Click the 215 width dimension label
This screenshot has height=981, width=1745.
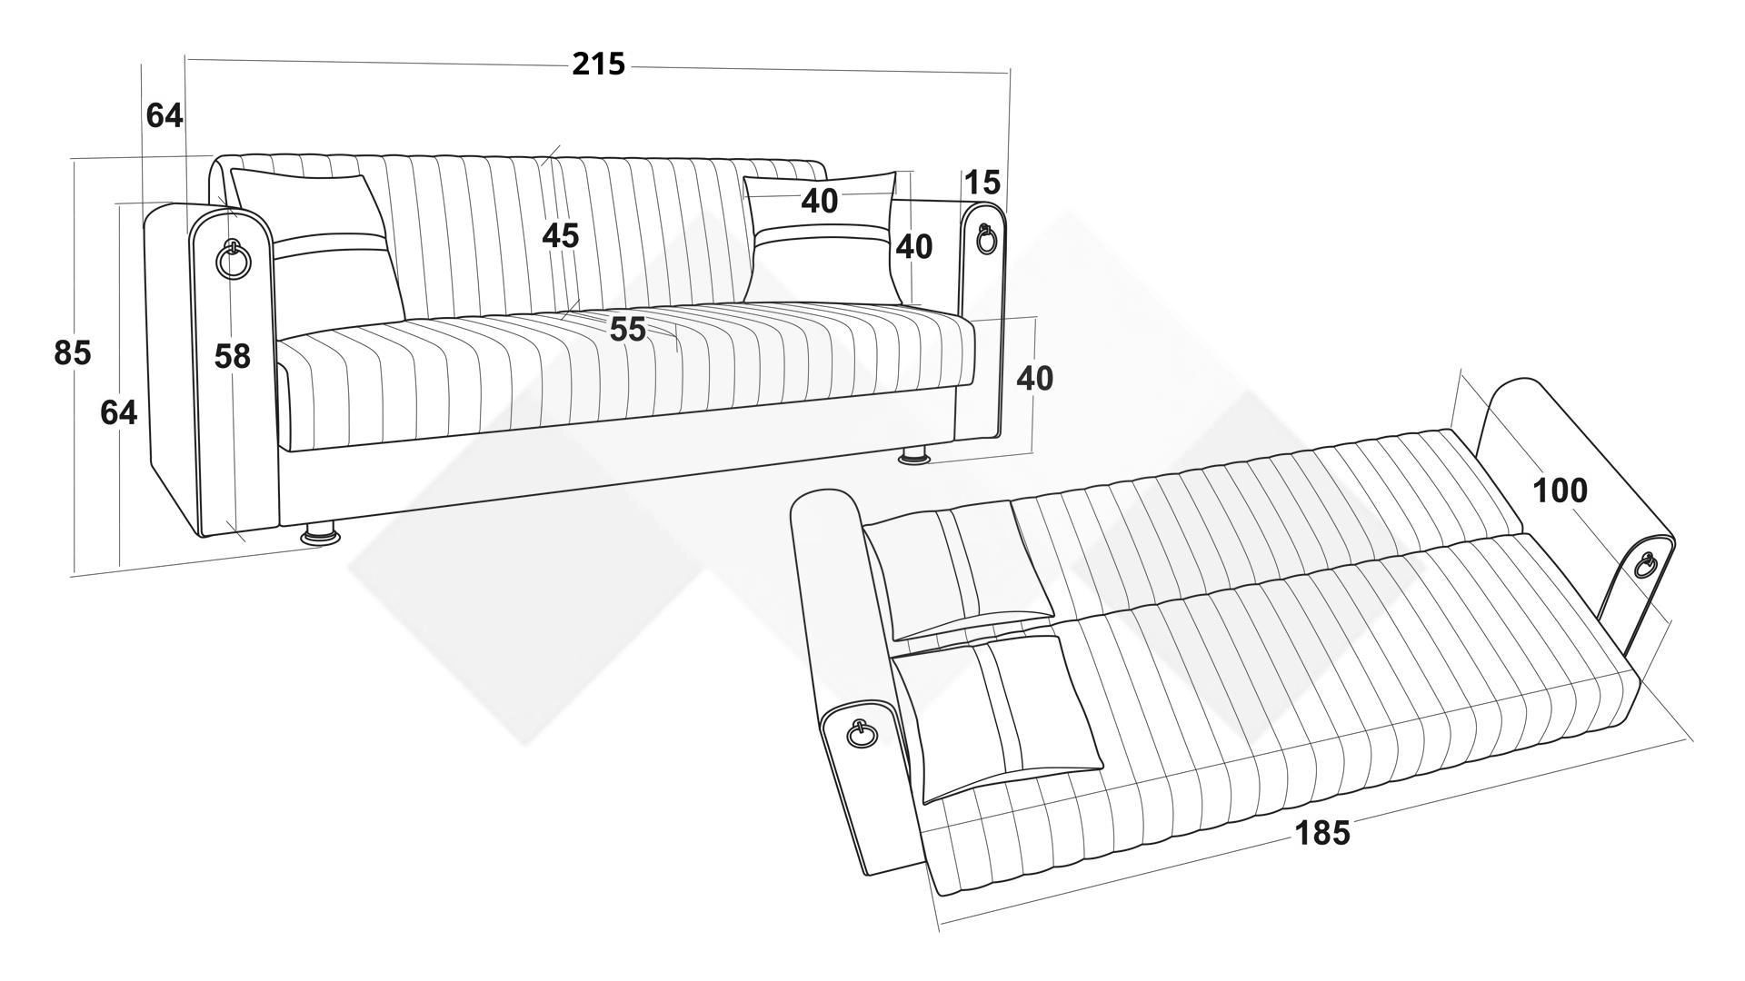[599, 64]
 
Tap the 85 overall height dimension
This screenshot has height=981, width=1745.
[73, 352]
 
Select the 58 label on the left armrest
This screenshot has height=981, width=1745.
[233, 356]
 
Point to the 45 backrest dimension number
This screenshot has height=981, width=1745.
[561, 235]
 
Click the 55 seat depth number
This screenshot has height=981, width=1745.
[628, 329]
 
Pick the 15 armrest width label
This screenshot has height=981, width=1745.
[982, 183]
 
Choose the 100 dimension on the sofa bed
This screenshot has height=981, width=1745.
[1561, 490]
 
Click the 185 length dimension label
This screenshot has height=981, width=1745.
[1322, 832]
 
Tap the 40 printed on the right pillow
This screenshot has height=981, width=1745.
[820, 201]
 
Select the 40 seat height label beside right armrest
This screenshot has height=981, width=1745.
[1035, 378]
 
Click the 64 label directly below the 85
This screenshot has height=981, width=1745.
[119, 412]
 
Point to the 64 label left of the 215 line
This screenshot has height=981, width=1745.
[165, 115]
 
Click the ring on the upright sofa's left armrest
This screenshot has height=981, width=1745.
[233, 261]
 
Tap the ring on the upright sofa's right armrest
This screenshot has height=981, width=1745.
[986, 240]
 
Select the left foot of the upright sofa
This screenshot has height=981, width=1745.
[320, 533]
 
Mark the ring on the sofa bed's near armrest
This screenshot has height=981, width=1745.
[860, 732]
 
